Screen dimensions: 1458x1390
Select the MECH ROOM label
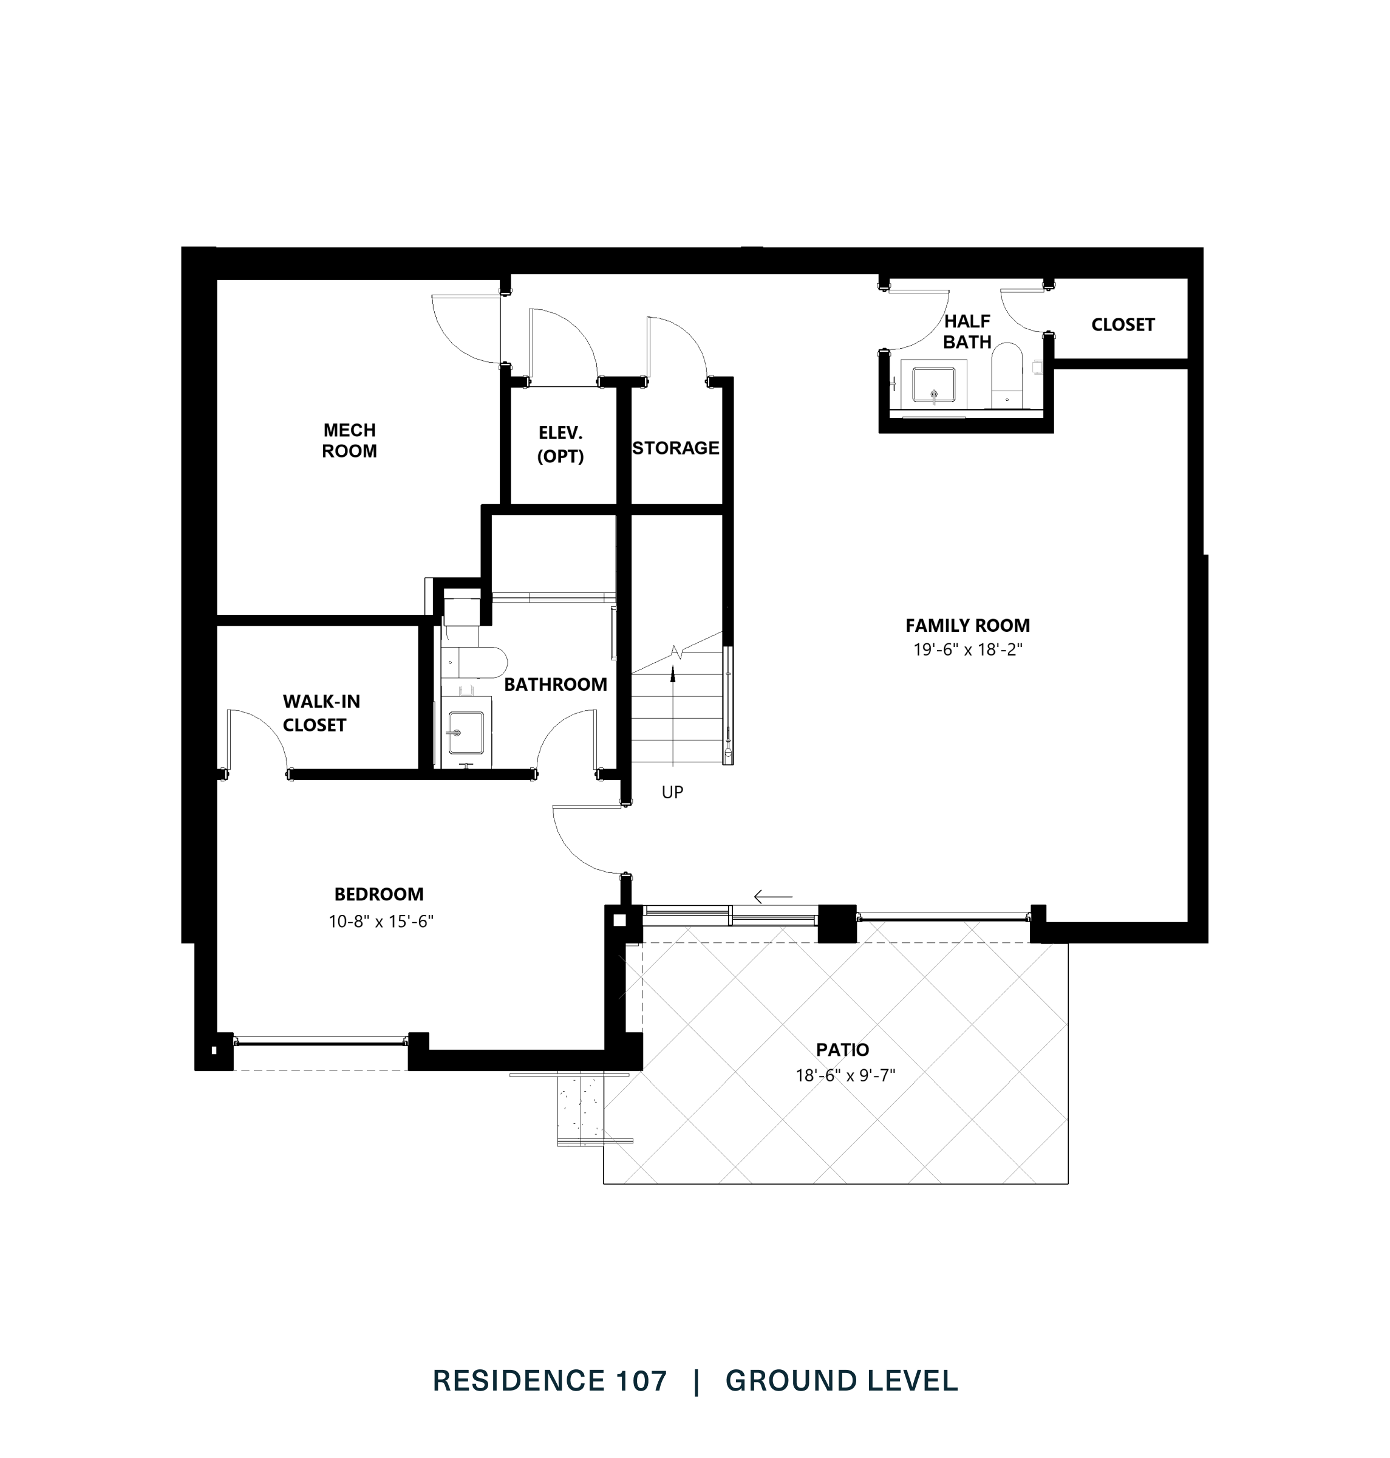click(x=349, y=440)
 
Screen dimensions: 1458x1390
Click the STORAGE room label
click(x=675, y=448)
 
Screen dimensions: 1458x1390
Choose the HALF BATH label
click(x=967, y=331)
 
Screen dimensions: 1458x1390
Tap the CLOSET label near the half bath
click(x=1123, y=324)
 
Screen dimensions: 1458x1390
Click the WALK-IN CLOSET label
click(x=320, y=713)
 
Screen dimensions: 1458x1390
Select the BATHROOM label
click(x=555, y=684)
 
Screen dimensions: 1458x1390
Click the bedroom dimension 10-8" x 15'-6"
click(x=381, y=922)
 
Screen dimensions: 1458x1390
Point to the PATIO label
click(x=842, y=1050)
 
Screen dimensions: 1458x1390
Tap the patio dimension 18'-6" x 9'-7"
click(x=845, y=1075)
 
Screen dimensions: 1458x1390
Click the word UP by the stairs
click(x=672, y=792)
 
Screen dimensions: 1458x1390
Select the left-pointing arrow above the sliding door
click(x=773, y=897)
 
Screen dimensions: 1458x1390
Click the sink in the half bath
click(x=933, y=385)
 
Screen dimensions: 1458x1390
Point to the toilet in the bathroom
click(x=478, y=662)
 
